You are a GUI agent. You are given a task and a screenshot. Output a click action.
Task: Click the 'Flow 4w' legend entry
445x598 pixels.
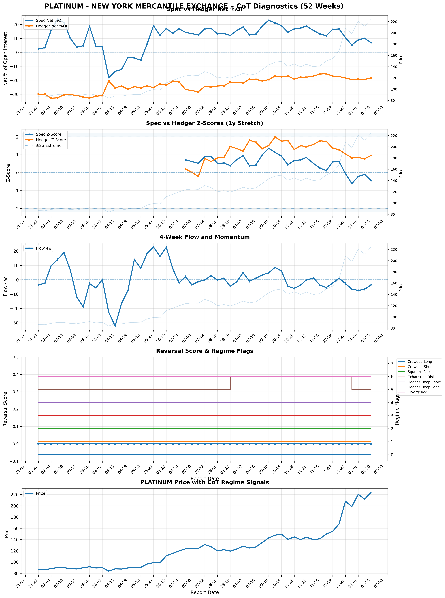pos(44,248)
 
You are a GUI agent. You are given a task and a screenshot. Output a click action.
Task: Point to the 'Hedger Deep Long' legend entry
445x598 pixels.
pos(423,387)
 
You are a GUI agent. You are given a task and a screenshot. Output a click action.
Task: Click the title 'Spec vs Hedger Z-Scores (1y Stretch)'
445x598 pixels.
pos(204,123)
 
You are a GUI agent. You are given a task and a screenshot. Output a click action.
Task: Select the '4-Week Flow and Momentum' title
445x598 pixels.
pos(204,237)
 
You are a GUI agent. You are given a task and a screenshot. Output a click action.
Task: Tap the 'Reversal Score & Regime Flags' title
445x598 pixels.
pos(204,351)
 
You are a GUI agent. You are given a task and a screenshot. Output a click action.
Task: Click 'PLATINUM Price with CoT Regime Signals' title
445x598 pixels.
pos(204,482)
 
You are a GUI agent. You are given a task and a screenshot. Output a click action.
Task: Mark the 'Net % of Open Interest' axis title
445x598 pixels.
pos(5,59)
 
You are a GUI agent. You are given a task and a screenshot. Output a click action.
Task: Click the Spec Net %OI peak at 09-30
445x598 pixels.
pos(269,20)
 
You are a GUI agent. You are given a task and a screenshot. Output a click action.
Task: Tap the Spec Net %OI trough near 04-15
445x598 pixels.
pos(109,78)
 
